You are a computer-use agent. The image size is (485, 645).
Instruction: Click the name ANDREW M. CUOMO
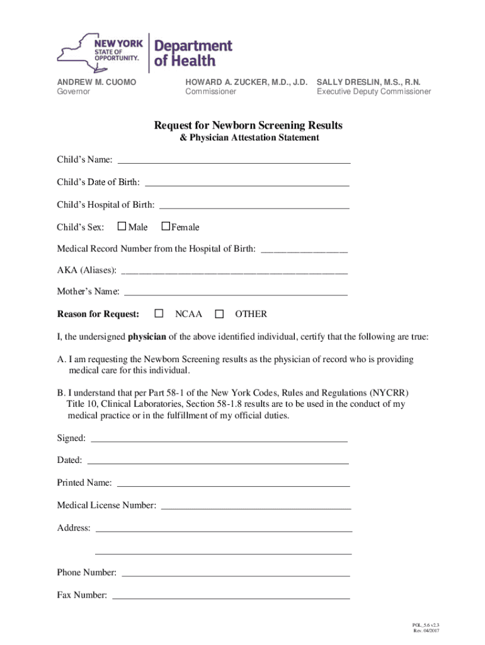pyautogui.click(x=96, y=82)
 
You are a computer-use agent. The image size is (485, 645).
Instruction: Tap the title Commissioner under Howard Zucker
pyautogui.click(x=210, y=91)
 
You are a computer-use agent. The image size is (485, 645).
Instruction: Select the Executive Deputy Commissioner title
pyautogui.click(x=374, y=91)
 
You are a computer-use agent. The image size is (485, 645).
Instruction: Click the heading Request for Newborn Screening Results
pyautogui.click(x=248, y=125)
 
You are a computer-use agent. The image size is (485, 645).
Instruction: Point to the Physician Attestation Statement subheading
pyautogui.click(x=248, y=137)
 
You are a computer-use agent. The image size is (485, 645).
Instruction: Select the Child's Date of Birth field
pyautogui.click(x=247, y=184)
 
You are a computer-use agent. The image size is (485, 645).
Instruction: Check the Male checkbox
pyautogui.click(x=122, y=226)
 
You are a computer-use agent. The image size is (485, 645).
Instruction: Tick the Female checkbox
pyautogui.click(x=166, y=226)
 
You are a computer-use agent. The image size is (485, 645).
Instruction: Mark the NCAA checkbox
pyautogui.click(x=159, y=313)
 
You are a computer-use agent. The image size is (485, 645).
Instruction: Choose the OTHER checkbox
pyautogui.click(x=219, y=313)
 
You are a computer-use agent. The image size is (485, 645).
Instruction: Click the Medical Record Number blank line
pyautogui.click(x=304, y=250)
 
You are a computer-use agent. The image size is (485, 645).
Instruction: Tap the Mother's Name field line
pyautogui.click(x=236, y=293)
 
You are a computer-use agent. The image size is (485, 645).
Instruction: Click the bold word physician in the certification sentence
pyautogui.click(x=147, y=336)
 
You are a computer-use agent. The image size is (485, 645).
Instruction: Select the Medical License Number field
pyautogui.click(x=256, y=506)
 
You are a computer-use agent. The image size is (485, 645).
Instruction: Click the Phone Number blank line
pyautogui.click(x=235, y=574)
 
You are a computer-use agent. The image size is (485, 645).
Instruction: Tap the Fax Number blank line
pyautogui.click(x=231, y=596)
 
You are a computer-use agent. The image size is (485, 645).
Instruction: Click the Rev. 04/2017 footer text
pyautogui.click(x=426, y=631)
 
